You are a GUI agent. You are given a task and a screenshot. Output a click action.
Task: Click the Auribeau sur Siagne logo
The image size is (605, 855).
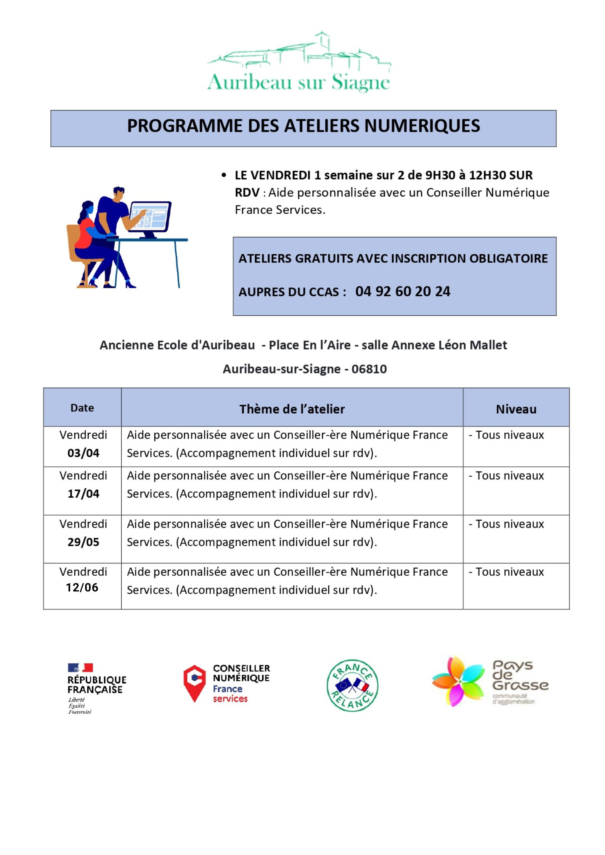299,63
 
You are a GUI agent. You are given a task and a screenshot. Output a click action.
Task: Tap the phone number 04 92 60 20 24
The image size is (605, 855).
403,291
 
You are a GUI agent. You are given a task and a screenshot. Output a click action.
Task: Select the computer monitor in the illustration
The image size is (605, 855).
150,217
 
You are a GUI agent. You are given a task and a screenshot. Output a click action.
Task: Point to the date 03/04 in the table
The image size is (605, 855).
83,453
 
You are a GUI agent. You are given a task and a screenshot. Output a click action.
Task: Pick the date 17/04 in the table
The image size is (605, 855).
83,494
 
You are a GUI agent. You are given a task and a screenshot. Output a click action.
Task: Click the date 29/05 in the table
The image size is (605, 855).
83,542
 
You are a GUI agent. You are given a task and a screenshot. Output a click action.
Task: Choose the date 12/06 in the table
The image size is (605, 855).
82,587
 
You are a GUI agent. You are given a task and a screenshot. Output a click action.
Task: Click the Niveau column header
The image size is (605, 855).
516,409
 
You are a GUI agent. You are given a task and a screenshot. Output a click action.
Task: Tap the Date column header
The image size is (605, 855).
82,408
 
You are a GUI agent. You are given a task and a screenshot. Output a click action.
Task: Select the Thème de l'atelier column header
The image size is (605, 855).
292,409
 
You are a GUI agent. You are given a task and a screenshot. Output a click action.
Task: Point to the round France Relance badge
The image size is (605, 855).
352,685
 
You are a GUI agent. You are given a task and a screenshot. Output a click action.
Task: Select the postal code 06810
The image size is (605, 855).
369,369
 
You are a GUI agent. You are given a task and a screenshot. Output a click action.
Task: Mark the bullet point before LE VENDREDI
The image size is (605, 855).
224,175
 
